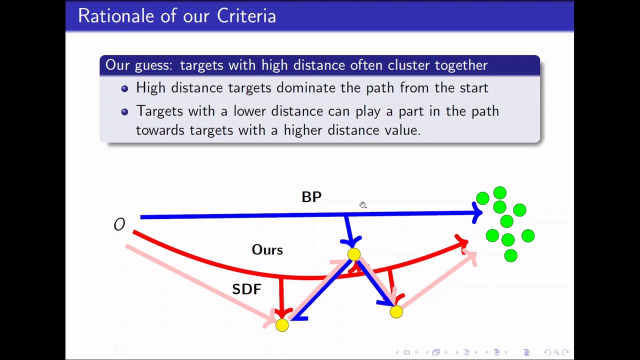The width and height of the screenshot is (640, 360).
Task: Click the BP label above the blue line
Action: coord(311,197)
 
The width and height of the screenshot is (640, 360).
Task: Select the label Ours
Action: coord(267,250)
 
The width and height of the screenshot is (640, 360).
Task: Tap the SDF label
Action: coord(246,289)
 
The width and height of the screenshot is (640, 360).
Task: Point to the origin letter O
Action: coord(119,225)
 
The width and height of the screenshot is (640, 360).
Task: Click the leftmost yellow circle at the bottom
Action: coord(282,325)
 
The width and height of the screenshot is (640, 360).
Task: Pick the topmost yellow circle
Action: coord(354,255)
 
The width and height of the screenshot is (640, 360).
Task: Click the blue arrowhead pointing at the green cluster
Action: coord(477,213)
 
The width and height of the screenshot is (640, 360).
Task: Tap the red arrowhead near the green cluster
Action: coord(462,243)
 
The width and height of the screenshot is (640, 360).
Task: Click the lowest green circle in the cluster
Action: coord(510,256)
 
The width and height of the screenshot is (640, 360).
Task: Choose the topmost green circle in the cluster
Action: coord(499,193)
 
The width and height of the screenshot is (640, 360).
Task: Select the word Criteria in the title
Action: coord(246,16)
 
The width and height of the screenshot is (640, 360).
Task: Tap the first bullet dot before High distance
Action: coord(124,88)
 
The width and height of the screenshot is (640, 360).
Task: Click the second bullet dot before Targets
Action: coord(124,111)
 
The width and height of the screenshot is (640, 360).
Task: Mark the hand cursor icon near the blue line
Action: coord(363,205)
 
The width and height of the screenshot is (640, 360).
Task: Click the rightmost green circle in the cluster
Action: coord(528,236)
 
